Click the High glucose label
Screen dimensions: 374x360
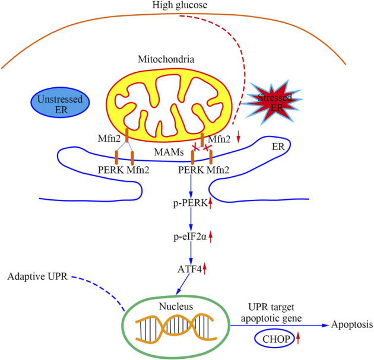pos(180,5)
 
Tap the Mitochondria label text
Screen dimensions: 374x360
pos(166,59)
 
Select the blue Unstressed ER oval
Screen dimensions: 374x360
pos(60,103)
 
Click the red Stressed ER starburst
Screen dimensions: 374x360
pos(272,102)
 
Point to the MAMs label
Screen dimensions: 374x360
pos(169,152)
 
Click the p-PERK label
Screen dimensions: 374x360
pos(190,203)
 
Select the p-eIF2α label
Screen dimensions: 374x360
pos(190,237)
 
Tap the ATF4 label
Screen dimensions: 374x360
pos(189,269)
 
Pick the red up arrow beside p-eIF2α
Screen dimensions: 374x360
pos(210,237)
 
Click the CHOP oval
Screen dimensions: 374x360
pos(274,339)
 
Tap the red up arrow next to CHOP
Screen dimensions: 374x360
pos(297,338)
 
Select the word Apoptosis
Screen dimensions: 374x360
pos(352,325)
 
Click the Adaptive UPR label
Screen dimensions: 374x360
pos(37,276)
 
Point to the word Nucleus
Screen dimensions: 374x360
pos(176,307)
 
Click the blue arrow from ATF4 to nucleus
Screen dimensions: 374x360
pos(183,284)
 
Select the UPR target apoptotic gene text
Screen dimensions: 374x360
pos(271,313)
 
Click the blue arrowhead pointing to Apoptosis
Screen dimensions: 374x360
pos(325,325)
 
